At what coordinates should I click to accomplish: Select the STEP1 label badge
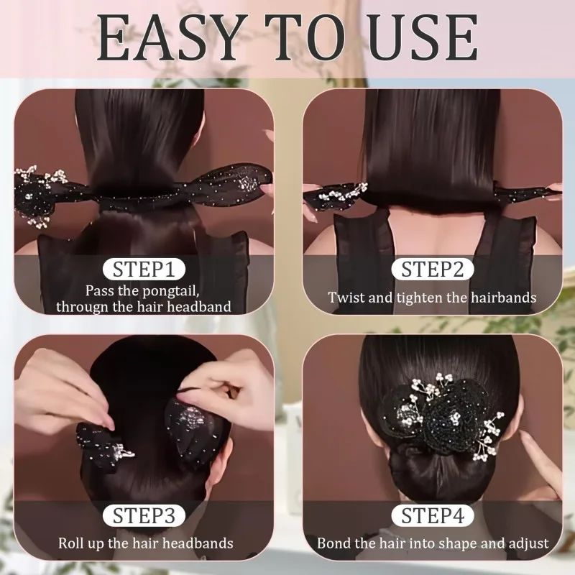coord(144,270)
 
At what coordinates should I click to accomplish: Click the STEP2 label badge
coord(432,270)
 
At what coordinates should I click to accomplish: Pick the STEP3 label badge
coord(144,515)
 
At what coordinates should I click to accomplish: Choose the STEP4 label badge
coord(432,515)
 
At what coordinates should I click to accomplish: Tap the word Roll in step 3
coord(72,543)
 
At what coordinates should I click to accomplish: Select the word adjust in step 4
coord(528,543)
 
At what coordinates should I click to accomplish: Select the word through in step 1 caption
coord(80,307)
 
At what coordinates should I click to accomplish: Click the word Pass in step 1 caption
coord(100,291)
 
